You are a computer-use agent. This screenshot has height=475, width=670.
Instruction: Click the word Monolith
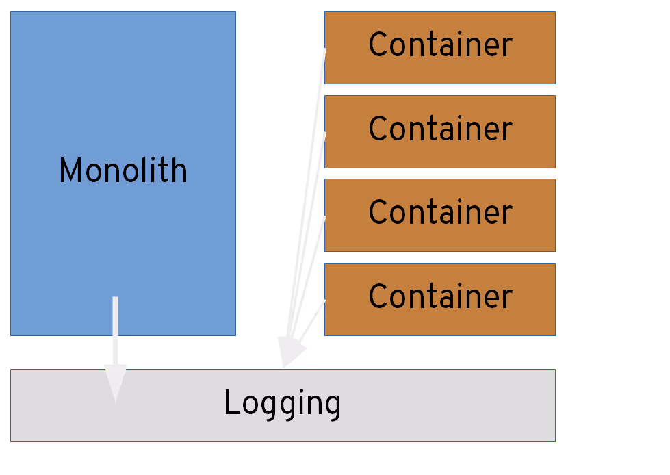[x=123, y=170]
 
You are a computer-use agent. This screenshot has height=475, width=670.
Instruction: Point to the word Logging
[x=282, y=404]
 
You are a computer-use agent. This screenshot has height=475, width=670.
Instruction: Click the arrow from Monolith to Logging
[x=115, y=335]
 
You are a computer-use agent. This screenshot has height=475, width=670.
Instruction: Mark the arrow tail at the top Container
[x=325, y=50]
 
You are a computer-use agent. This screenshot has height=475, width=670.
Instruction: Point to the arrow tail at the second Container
[x=324, y=134]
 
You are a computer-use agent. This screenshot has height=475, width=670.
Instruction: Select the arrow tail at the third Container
[x=324, y=218]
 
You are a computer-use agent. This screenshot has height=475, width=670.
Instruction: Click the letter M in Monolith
[x=70, y=170]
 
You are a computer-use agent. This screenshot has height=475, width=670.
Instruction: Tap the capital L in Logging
[x=231, y=402]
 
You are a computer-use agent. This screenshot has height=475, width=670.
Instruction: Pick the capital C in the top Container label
[x=378, y=45]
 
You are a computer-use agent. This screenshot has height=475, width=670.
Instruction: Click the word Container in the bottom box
[x=439, y=296]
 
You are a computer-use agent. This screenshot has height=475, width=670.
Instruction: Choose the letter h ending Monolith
[x=180, y=170]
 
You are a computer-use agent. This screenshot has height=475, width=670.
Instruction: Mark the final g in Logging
[x=333, y=405]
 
